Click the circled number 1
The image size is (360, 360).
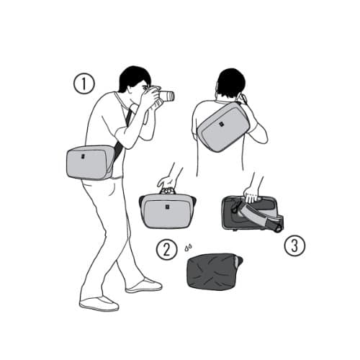tap(84, 84)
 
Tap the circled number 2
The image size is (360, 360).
tap(166, 250)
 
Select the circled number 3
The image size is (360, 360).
tap(294, 246)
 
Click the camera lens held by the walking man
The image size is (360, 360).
tap(167, 96)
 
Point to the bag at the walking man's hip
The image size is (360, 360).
tap(90, 162)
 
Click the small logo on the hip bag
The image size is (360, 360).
tap(83, 156)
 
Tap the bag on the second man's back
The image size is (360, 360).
tap(224, 127)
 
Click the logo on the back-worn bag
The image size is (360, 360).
tap(220, 124)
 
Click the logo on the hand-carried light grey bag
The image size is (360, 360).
tap(167, 207)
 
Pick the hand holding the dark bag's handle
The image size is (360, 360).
tap(251, 195)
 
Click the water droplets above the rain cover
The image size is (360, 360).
tap(188, 248)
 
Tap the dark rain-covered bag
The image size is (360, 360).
tap(214, 271)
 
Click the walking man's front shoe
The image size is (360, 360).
tap(144, 285)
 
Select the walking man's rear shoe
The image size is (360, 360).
tap(99, 304)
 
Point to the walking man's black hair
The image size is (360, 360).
tap(134, 77)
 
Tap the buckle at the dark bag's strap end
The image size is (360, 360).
tap(279, 228)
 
